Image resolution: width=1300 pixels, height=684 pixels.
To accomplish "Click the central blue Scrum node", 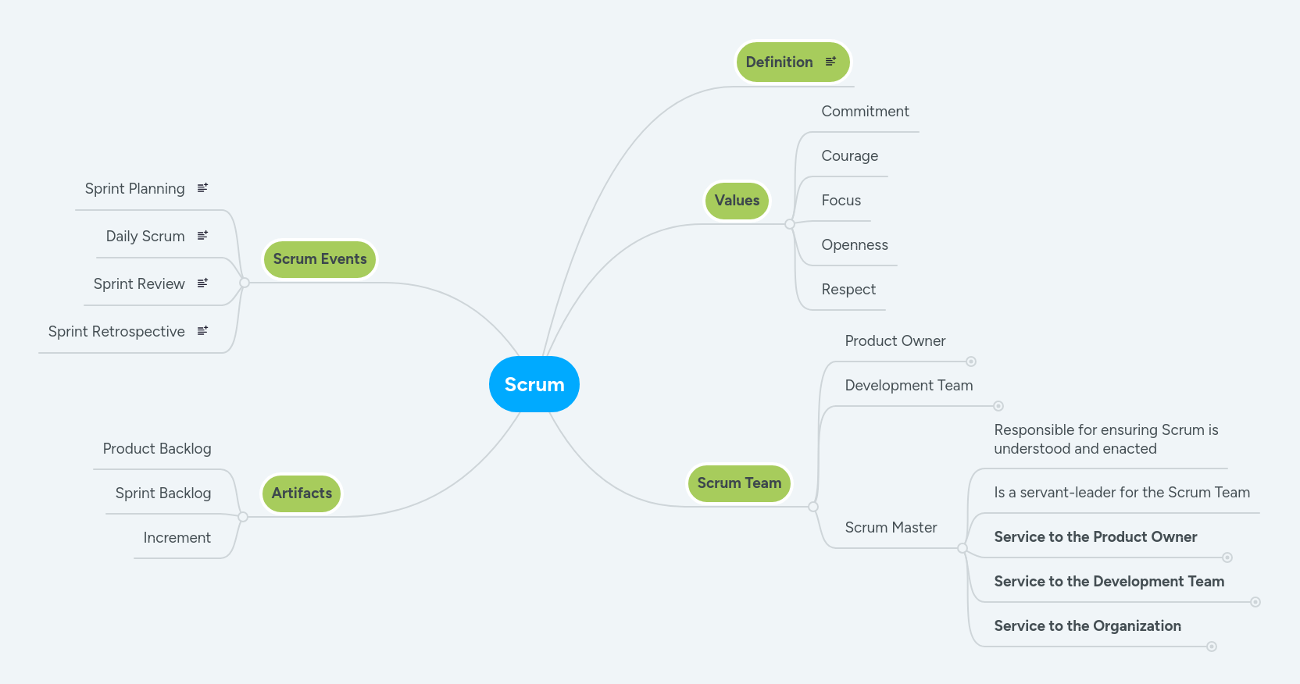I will click(534, 384).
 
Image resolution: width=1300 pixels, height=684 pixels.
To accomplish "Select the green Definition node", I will click(780, 62).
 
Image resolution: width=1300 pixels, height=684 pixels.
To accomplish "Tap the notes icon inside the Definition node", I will click(830, 61).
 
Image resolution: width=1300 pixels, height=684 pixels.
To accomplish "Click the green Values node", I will click(737, 201).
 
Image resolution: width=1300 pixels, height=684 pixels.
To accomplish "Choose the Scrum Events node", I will click(320, 259).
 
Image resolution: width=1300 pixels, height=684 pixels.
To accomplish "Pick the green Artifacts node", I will click(302, 493).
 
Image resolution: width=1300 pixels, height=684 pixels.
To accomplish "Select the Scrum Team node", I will click(739, 483).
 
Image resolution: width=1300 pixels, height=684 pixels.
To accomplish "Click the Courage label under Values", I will click(849, 156).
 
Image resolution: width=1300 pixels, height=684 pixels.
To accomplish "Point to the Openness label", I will click(854, 245).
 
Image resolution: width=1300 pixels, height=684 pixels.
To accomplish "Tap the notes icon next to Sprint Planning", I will click(202, 188).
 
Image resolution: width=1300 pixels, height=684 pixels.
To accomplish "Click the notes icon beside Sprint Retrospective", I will click(202, 331).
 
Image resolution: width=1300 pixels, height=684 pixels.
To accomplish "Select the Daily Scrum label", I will click(145, 237).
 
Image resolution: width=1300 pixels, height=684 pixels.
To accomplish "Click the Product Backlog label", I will click(157, 449).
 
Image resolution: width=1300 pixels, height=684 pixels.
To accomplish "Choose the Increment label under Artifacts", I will click(177, 538).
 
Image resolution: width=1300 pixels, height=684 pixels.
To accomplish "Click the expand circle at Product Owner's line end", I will click(971, 362).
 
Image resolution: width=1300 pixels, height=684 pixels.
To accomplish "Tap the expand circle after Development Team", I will click(998, 406).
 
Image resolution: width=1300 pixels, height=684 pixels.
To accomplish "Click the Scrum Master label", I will click(891, 528).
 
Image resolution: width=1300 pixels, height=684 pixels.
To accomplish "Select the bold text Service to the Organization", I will click(1087, 626).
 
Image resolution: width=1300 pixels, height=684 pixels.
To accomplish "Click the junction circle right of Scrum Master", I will click(962, 549).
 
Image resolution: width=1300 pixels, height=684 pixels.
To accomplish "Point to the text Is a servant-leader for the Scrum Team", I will click(1121, 493).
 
